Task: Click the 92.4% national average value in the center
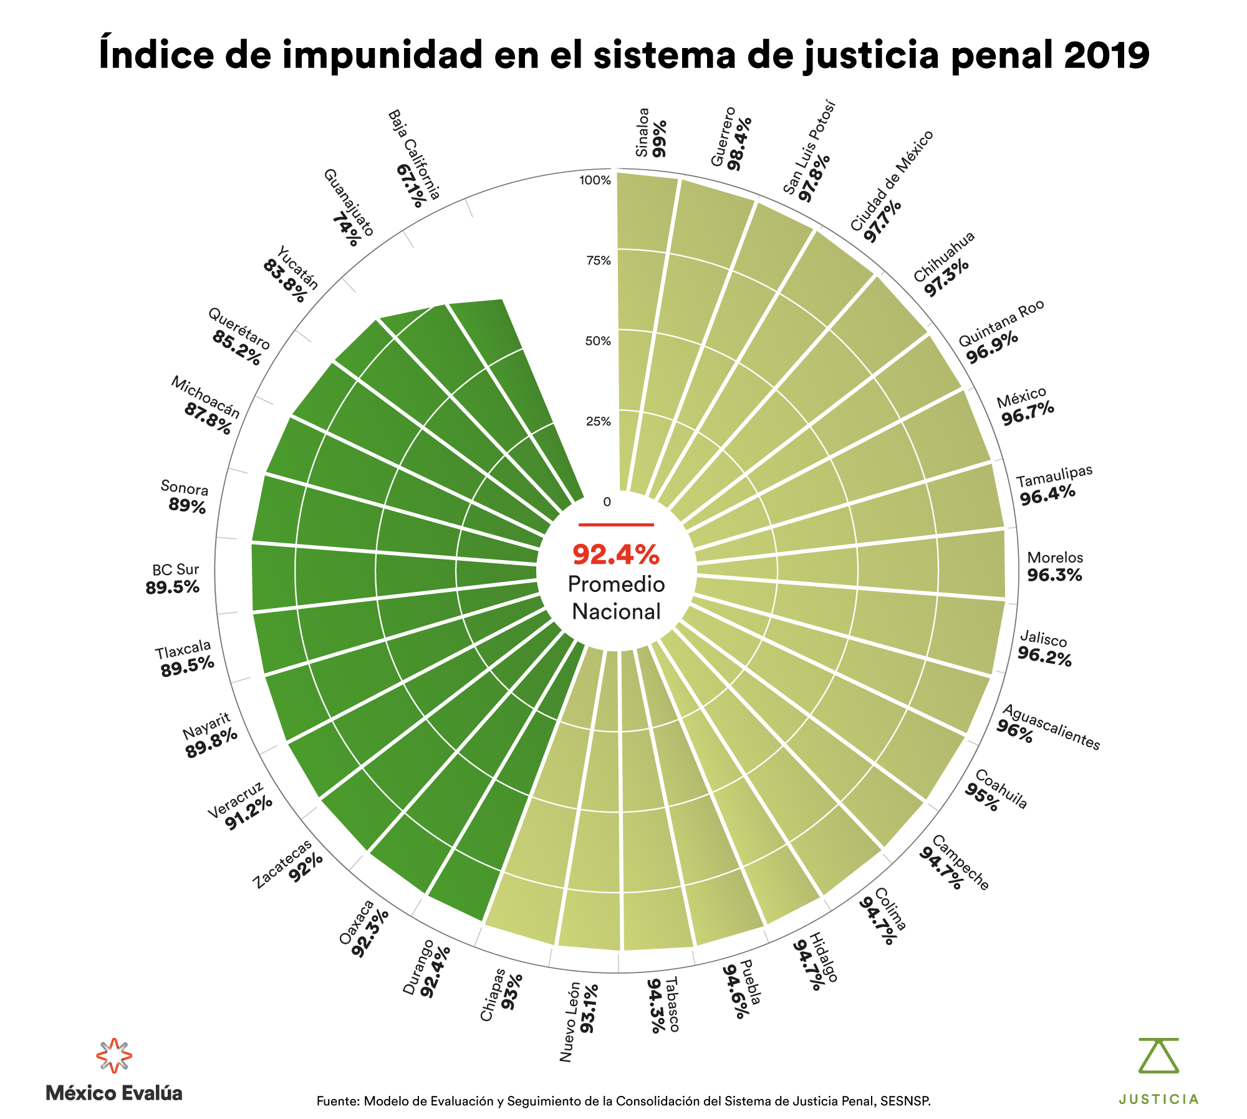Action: [615, 554]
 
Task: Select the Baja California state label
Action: [415, 153]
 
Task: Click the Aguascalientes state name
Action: [1051, 727]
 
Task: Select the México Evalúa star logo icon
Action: [113, 1055]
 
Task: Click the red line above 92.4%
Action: [616, 525]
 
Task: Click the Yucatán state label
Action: [297, 268]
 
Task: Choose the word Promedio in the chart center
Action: [616, 584]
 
